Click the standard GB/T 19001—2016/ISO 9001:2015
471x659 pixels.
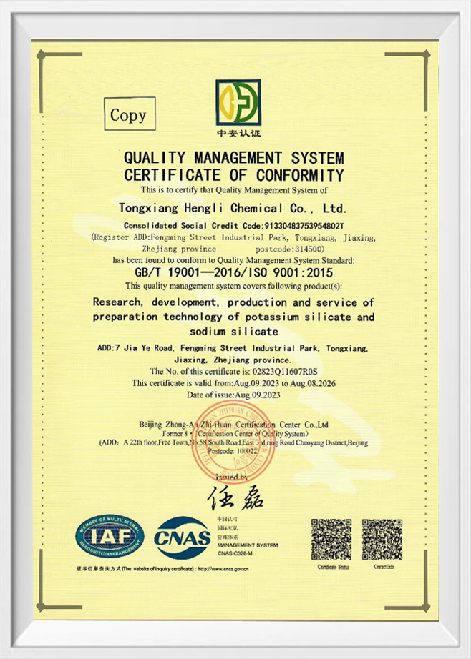(x=233, y=272)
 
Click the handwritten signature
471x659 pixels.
(x=235, y=495)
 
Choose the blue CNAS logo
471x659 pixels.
(x=183, y=538)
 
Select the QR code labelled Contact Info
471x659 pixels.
(x=382, y=539)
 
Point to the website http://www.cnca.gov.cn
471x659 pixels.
(x=223, y=569)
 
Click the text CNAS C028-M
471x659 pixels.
(x=233, y=554)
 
